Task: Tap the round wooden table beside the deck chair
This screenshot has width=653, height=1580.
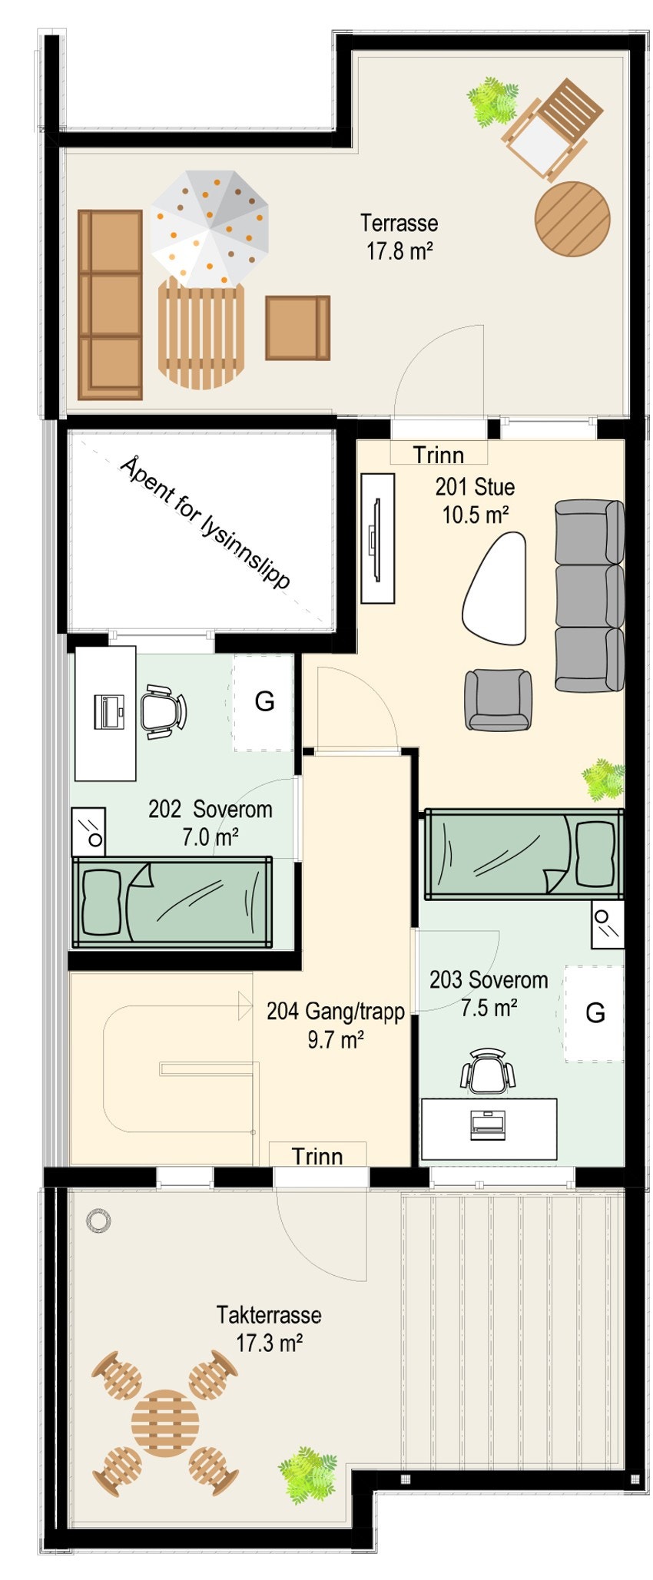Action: click(572, 219)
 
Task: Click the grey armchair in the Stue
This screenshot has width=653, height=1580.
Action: click(499, 699)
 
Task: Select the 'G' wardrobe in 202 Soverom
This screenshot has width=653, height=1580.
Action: click(264, 701)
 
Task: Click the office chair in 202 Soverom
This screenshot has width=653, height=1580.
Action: click(164, 711)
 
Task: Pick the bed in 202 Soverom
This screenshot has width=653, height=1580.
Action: click(172, 902)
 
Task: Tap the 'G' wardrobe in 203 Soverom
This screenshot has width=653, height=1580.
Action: click(595, 1013)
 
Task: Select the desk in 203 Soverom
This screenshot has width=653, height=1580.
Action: click(489, 1128)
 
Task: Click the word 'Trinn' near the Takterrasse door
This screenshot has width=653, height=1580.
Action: click(317, 1156)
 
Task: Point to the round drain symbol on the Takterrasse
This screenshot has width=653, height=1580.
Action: click(98, 1218)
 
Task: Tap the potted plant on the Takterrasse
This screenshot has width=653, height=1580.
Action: click(307, 1473)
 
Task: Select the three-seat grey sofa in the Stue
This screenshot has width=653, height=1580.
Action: click(589, 595)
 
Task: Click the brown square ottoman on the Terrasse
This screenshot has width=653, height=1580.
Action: click(297, 327)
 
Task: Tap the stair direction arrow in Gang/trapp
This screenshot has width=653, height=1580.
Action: click(245, 1005)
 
